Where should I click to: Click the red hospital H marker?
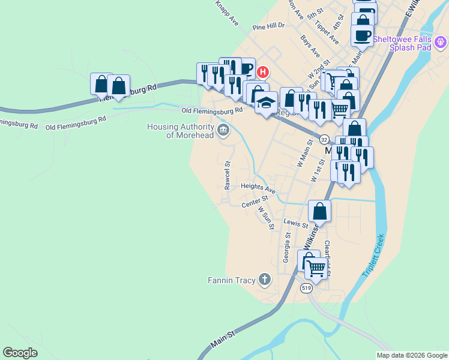click(x=262, y=73)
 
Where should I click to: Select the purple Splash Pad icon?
click(x=441, y=42)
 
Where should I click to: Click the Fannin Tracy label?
click(x=231, y=280)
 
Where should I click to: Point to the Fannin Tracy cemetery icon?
click(x=264, y=279)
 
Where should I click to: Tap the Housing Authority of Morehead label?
click(x=180, y=131)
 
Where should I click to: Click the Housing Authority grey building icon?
click(x=223, y=129)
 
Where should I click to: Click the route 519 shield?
click(x=307, y=289)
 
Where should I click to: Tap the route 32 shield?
click(x=323, y=138)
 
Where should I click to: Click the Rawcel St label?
click(x=228, y=175)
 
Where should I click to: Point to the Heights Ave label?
click(x=258, y=188)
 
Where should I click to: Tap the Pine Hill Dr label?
click(x=268, y=26)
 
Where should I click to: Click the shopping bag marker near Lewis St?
click(x=319, y=212)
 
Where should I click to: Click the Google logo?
click(x=20, y=353)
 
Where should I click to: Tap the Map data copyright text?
click(x=412, y=355)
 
